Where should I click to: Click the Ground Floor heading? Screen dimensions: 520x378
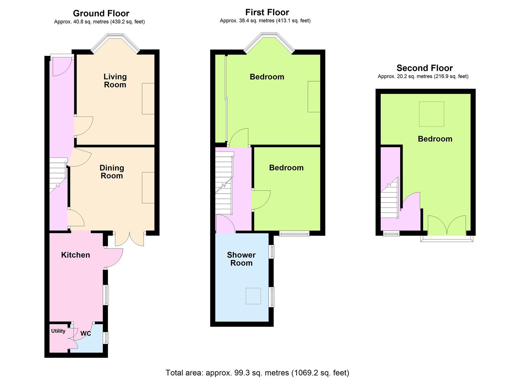(x=101, y=13)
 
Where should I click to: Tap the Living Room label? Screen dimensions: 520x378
(x=115, y=80)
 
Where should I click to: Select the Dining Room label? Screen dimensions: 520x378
(x=112, y=172)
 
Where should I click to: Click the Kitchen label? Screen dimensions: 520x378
(x=75, y=255)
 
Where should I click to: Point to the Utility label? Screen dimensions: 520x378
(x=58, y=331)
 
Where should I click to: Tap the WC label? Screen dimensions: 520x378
(x=86, y=334)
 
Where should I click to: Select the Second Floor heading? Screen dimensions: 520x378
(x=425, y=68)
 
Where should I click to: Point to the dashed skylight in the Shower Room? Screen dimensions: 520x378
(x=253, y=296)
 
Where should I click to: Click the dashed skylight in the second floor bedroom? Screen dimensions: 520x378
(x=431, y=114)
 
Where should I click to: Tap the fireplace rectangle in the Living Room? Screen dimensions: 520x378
(x=148, y=99)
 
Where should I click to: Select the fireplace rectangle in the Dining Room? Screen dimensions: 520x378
(x=148, y=188)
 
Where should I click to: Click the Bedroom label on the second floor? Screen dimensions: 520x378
(x=435, y=139)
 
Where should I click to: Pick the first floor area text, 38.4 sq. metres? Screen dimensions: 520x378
(x=265, y=21)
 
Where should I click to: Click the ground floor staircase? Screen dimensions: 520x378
(x=58, y=176)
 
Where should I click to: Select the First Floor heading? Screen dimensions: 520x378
(x=267, y=12)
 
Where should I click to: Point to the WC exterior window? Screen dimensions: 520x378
(x=106, y=338)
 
